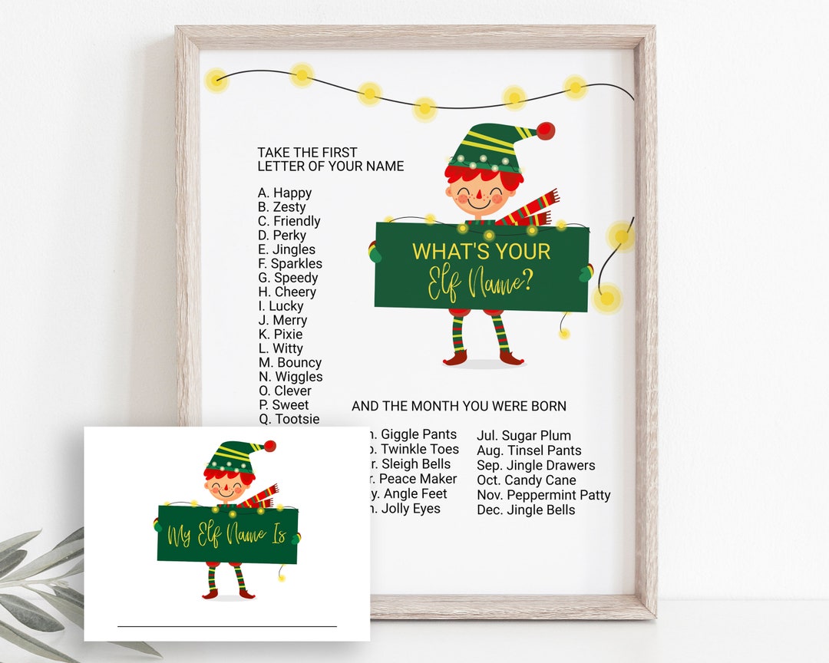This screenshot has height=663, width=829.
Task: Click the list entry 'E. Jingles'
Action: point(286,249)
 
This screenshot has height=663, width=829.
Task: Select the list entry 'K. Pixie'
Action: point(280,335)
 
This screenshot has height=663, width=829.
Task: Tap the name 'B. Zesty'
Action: point(282,207)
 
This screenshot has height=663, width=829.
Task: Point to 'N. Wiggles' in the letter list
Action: point(290,377)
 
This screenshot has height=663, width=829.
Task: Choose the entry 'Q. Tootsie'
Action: point(289,419)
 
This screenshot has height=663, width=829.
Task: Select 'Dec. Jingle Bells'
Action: point(526,510)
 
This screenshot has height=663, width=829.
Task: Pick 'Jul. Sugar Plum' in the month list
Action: point(523,436)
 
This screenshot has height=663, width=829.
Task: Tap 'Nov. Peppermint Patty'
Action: point(543,495)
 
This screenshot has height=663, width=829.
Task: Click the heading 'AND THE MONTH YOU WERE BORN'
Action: point(459,406)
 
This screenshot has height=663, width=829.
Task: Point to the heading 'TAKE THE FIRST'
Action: point(307,153)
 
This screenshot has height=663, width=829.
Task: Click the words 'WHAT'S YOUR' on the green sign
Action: point(481,251)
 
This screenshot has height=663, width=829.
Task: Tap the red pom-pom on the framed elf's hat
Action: point(546,130)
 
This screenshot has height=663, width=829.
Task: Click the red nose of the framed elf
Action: point(478,200)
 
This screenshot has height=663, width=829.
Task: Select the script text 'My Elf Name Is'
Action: point(227,534)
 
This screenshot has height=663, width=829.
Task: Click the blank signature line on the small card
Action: point(226,626)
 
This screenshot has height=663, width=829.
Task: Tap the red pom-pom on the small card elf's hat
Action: point(269,446)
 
